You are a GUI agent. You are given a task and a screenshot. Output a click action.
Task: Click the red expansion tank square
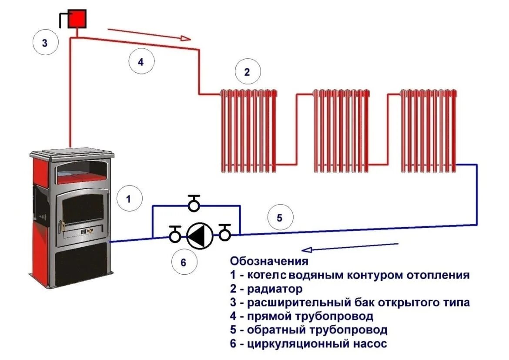point(77,18)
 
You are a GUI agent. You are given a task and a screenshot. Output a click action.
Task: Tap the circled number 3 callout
point(45,43)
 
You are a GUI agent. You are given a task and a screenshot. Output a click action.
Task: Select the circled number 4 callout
point(141,62)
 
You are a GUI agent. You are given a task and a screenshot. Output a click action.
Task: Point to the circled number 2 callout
point(247,72)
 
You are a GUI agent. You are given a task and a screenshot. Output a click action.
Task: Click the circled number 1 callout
point(129,199)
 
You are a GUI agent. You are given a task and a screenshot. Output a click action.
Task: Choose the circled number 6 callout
point(183,262)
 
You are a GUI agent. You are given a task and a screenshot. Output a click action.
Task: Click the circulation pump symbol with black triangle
point(200,236)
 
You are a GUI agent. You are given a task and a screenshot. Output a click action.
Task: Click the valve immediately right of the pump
point(224,234)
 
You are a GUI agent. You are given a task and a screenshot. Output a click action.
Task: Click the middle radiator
point(342,130)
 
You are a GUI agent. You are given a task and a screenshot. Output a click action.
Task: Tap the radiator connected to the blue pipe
point(428,130)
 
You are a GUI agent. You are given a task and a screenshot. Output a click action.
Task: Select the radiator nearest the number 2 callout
point(248,130)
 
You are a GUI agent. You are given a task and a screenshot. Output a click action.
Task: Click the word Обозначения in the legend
point(269,262)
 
